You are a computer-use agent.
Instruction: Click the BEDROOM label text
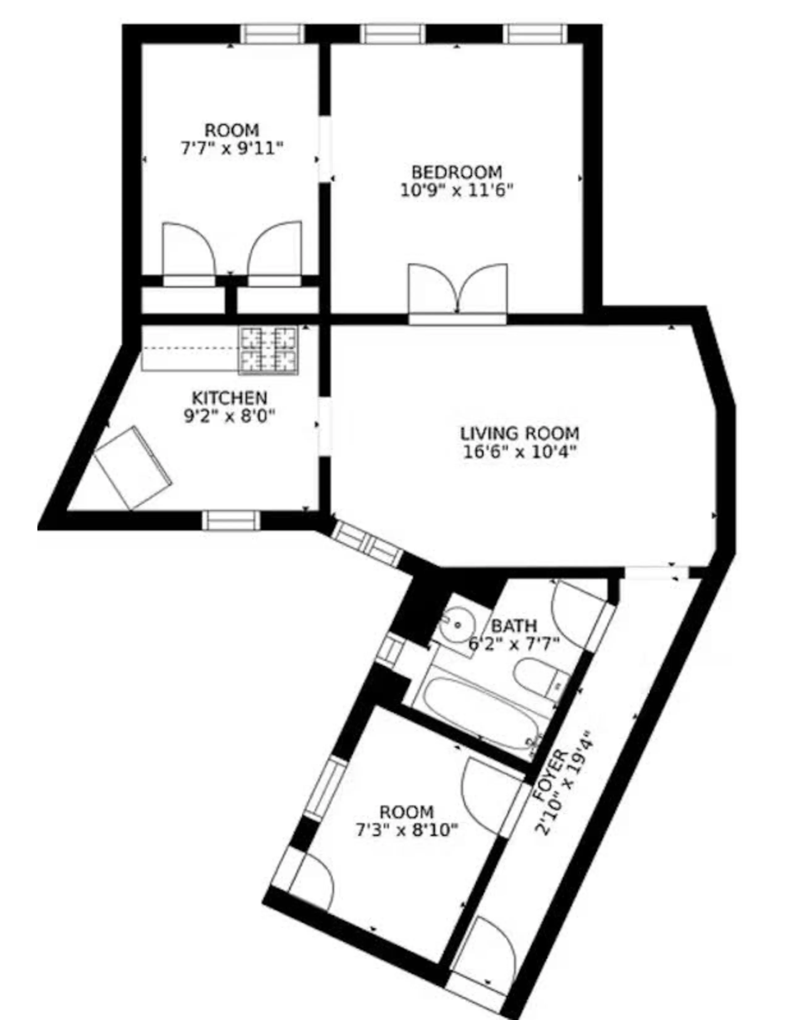point(456,172)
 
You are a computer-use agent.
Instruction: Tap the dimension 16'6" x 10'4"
point(519,452)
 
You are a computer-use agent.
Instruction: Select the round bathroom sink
point(457,624)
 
